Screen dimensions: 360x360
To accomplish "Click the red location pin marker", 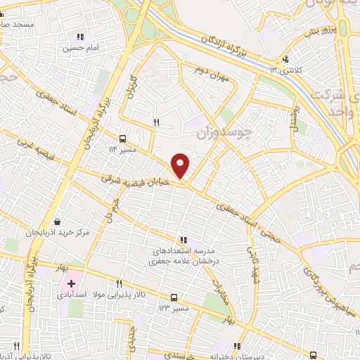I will [x=181, y=165].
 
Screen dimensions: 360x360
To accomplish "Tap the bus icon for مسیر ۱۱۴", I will [x=123, y=138].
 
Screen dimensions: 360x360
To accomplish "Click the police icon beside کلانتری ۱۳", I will [x=285, y=60].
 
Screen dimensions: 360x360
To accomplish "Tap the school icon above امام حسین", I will [x=80, y=37].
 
